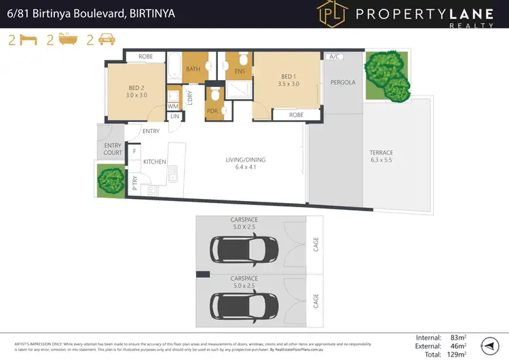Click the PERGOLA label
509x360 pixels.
tap(343, 83)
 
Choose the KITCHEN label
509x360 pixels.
tap(155, 162)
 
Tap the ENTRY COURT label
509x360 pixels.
tap(113, 149)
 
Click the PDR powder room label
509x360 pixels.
tap(212, 110)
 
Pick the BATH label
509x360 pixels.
tap(193, 69)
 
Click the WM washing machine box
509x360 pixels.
tap(172, 106)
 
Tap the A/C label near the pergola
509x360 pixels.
tap(334, 57)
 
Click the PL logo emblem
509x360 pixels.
tap(329, 14)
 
